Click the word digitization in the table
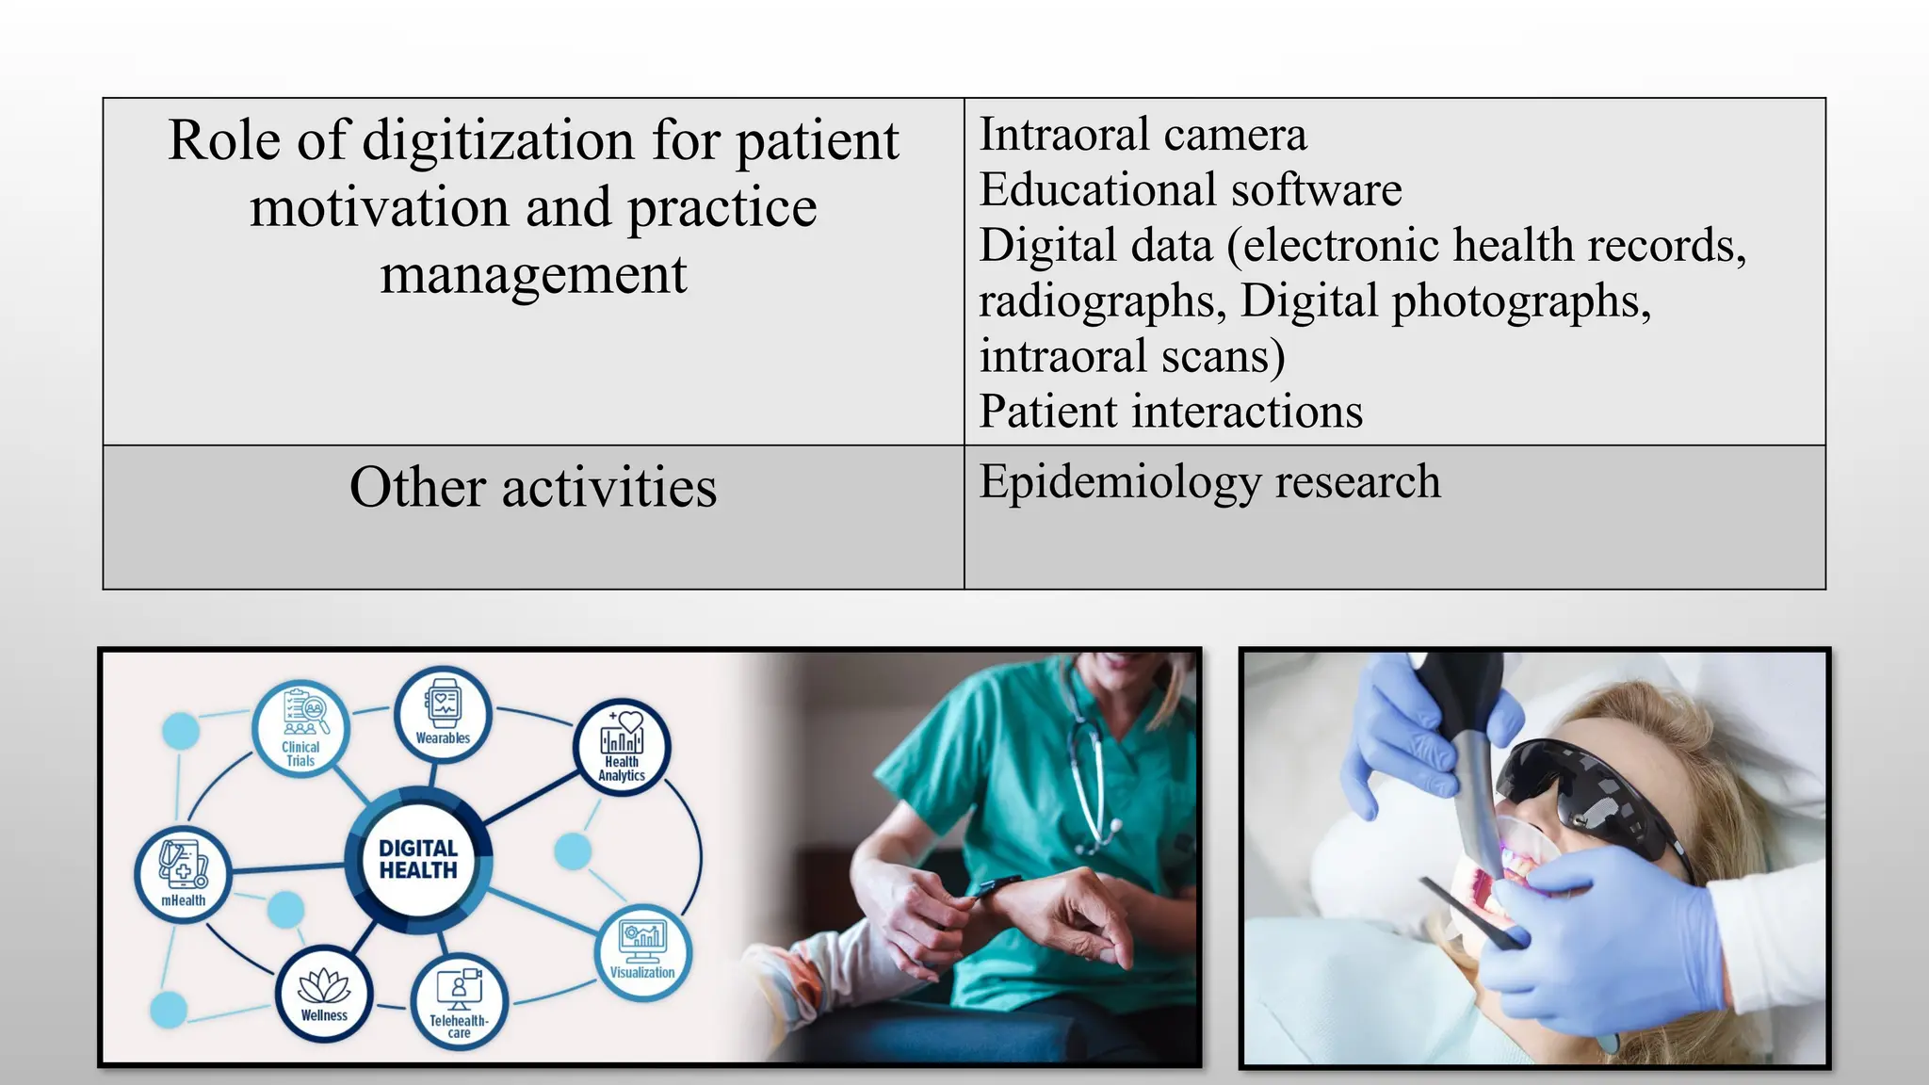click(x=497, y=141)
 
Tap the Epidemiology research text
click(x=1209, y=482)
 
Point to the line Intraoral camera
click(x=1143, y=135)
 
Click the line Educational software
click(x=1191, y=190)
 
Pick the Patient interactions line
click(x=1171, y=412)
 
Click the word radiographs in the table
click(x=1101, y=301)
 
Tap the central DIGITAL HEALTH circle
click(x=418, y=859)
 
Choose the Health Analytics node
click(x=622, y=747)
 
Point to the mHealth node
click(x=183, y=875)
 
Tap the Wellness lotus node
click(x=324, y=995)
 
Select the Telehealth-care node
click(x=459, y=1004)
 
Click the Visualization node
click(x=642, y=951)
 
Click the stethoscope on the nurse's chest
click(x=1093, y=782)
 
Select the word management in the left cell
click(x=533, y=275)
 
